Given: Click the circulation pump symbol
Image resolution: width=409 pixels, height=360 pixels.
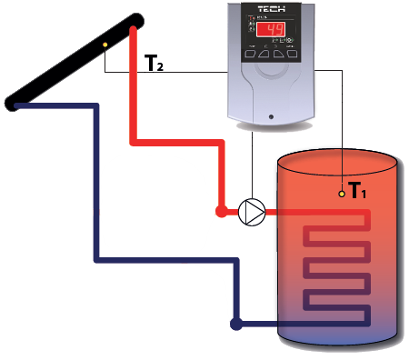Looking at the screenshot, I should click(252, 212).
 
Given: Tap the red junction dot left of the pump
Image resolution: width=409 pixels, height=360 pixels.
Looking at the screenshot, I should click(221, 211).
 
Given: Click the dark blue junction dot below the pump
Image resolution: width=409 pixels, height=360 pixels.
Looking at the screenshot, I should click(235, 322).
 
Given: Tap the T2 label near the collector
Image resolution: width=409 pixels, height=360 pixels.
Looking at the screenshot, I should click(154, 63).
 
